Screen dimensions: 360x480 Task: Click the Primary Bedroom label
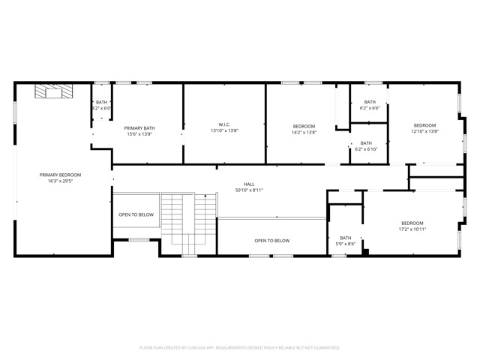point(60,175)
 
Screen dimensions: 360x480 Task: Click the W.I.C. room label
point(223,125)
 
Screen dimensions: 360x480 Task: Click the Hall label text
point(248,184)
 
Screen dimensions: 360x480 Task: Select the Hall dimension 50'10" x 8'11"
point(248,190)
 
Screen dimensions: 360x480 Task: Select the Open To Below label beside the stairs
point(136,214)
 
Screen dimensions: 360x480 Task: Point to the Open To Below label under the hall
point(271,241)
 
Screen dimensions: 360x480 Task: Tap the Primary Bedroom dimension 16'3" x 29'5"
point(60,181)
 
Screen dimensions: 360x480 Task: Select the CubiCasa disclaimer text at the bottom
point(240,347)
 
